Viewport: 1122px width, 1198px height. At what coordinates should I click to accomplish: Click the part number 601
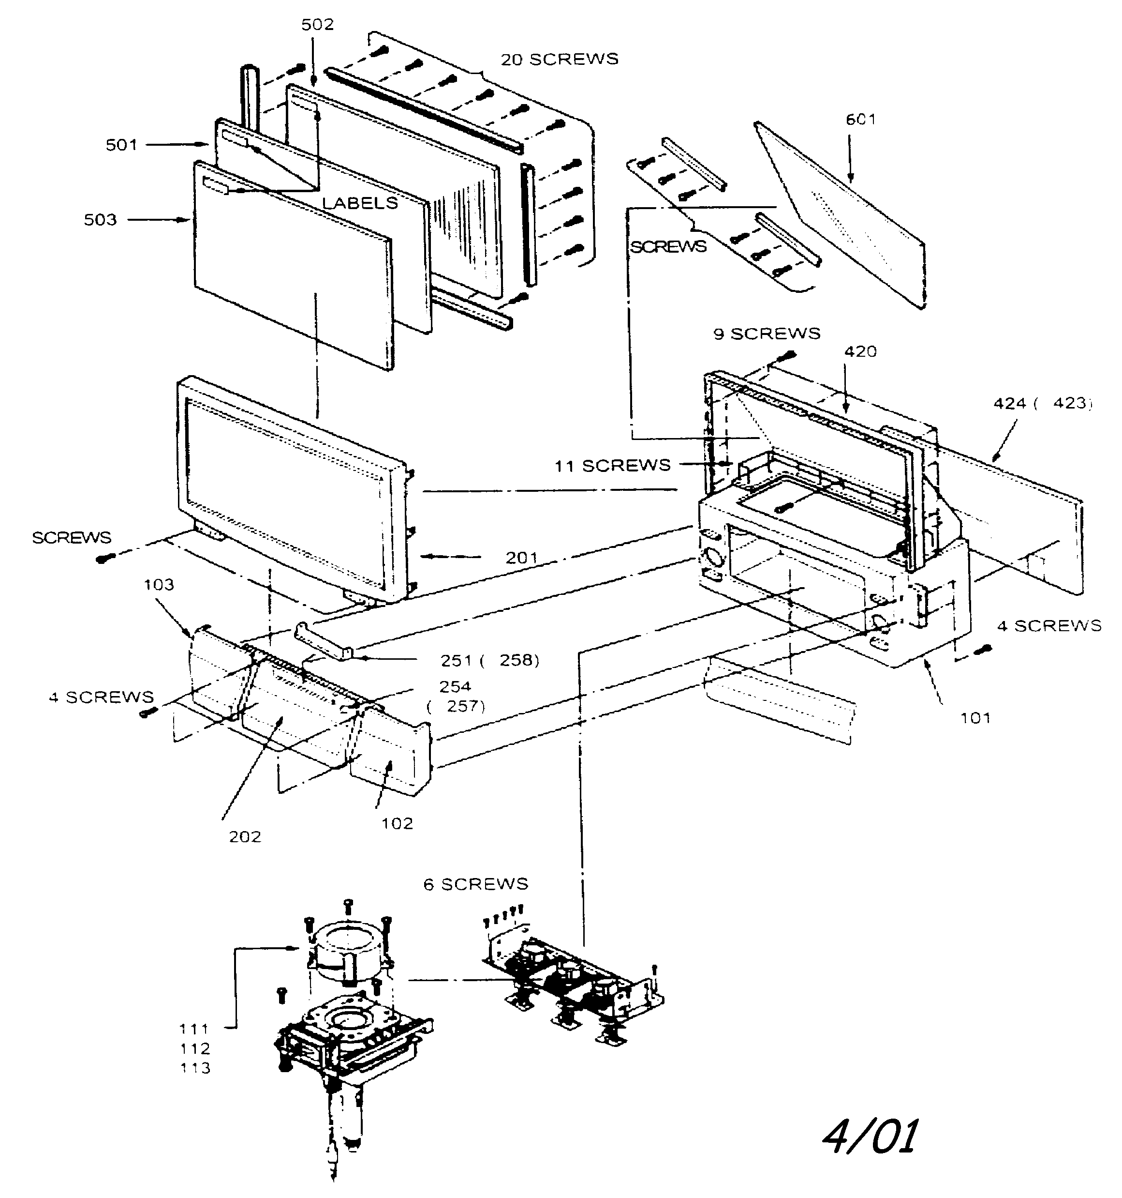[860, 120]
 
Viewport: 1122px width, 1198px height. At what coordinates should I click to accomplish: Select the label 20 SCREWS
[560, 59]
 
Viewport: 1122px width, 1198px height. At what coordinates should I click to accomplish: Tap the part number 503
[100, 220]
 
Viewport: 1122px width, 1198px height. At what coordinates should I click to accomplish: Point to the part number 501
[122, 145]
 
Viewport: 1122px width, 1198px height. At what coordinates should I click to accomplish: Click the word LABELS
[360, 203]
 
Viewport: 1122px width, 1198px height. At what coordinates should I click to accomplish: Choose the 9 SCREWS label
[767, 334]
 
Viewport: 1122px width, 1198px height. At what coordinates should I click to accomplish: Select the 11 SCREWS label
[612, 466]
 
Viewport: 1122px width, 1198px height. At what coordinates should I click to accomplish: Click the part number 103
[159, 585]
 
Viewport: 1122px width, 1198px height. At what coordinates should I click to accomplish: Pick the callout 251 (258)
[489, 660]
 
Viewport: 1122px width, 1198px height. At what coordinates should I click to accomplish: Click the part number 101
[975, 718]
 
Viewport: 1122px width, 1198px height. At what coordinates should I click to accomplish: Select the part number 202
[245, 837]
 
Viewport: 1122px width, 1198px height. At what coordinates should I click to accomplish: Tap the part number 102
[398, 824]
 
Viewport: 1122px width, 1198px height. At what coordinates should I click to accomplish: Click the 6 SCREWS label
[475, 884]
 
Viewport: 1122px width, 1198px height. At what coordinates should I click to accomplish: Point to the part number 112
[194, 1048]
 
